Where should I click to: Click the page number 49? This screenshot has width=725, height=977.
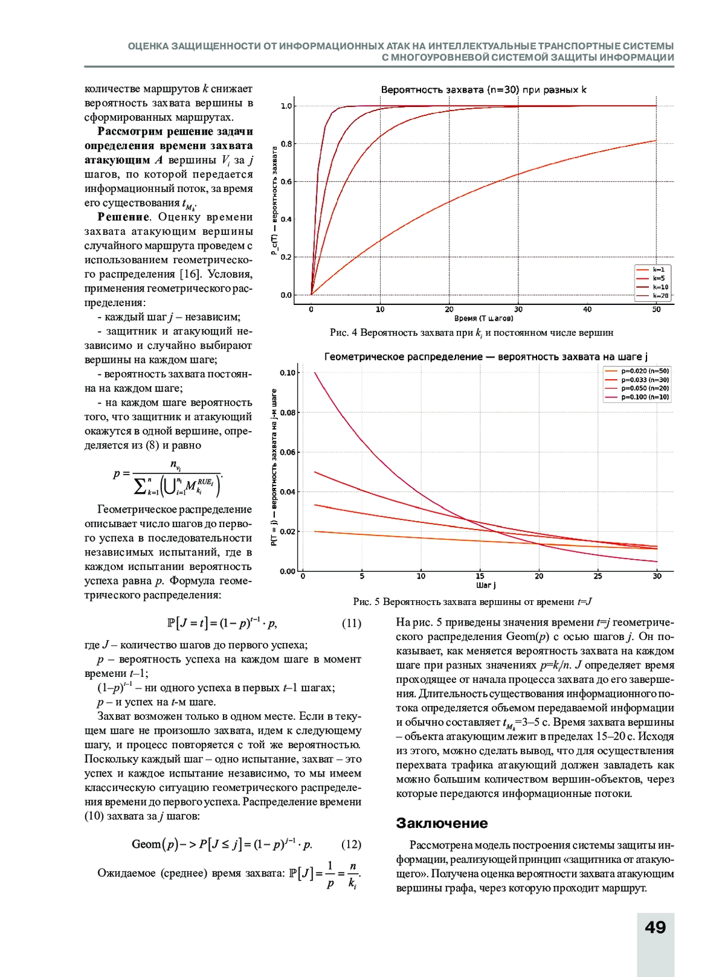click(655, 927)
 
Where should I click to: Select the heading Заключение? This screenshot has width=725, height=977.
click(442, 823)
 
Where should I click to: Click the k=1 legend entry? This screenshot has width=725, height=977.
click(658, 270)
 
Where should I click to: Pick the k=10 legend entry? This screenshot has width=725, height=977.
click(660, 287)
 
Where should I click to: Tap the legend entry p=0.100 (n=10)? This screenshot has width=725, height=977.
click(645, 397)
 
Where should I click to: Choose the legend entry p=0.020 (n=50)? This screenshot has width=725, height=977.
click(645, 371)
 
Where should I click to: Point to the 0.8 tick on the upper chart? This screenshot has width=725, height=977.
click(286, 144)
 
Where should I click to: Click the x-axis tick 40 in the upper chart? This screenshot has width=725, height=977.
click(587, 309)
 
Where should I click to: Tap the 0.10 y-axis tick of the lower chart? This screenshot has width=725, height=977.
click(288, 373)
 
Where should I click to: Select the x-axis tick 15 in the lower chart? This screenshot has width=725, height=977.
click(480, 576)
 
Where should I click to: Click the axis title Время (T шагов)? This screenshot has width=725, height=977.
click(483, 318)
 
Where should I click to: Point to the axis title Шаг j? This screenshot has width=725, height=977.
click(486, 585)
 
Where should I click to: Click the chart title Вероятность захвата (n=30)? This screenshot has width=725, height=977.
click(483, 90)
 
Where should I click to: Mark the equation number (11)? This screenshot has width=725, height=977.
click(351, 623)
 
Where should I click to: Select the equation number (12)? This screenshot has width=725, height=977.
click(351, 844)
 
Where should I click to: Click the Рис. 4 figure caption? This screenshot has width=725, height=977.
click(471, 333)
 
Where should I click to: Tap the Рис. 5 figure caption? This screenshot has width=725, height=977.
click(472, 601)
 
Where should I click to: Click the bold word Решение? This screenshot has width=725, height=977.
click(123, 217)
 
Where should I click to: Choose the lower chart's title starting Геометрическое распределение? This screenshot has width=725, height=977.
click(486, 357)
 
